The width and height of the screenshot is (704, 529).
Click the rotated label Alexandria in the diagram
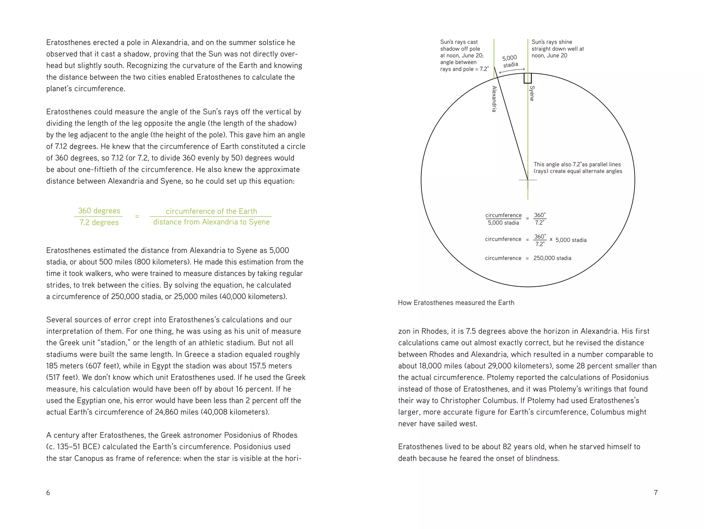click(x=494, y=99)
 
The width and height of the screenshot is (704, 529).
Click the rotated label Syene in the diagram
click(x=532, y=93)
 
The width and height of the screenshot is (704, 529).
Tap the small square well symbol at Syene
click(x=528, y=78)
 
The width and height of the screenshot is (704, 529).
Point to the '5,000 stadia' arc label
click(x=510, y=61)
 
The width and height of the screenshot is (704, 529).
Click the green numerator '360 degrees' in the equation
click(x=99, y=211)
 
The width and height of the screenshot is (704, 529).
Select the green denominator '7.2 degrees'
click(x=99, y=222)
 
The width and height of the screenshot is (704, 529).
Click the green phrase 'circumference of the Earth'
click(x=211, y=211)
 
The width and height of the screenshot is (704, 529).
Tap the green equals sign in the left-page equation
click(x=137, y=217)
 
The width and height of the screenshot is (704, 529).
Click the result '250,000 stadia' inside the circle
click(x=552, y=258)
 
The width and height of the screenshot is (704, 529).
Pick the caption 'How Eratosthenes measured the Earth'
click(x=456, y=303)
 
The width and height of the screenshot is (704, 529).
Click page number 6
click(x=48, y=493)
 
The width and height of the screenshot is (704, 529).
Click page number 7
click(x=656, y=493)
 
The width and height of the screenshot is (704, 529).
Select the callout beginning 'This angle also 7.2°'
click(x=577, y=168)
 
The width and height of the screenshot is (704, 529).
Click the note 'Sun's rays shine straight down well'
click(x=557, y=48)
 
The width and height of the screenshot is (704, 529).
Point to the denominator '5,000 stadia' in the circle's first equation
click(x=503, y=223)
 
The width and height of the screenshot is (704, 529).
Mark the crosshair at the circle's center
click(x=528, y=180)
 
